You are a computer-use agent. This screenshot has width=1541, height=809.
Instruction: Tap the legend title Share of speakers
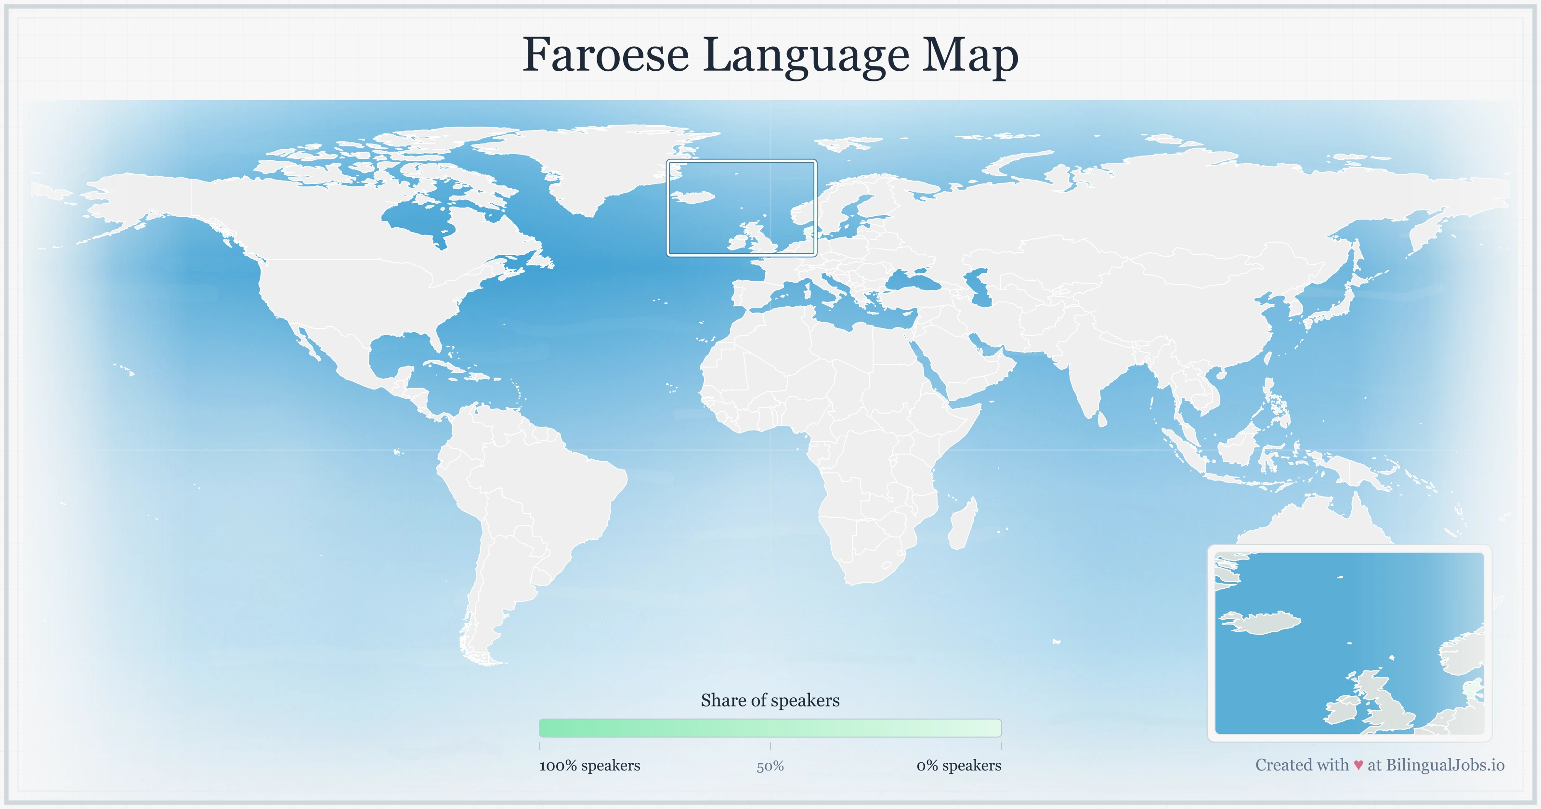(x=770, y=700)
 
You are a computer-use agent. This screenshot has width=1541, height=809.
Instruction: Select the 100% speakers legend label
(x=589, y=765)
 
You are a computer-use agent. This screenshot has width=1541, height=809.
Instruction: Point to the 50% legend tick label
(x=770, y=767)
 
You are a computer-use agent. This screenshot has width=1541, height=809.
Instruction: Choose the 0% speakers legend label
(x=958, y=765)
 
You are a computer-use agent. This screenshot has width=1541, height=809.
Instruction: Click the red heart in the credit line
(x=1358, y=765)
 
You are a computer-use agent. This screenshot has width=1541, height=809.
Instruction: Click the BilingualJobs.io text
(x=1445, y=765)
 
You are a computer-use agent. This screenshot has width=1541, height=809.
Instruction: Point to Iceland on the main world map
(x=694, y=197)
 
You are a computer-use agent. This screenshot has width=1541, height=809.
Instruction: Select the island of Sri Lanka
(x=1102, y=419)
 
